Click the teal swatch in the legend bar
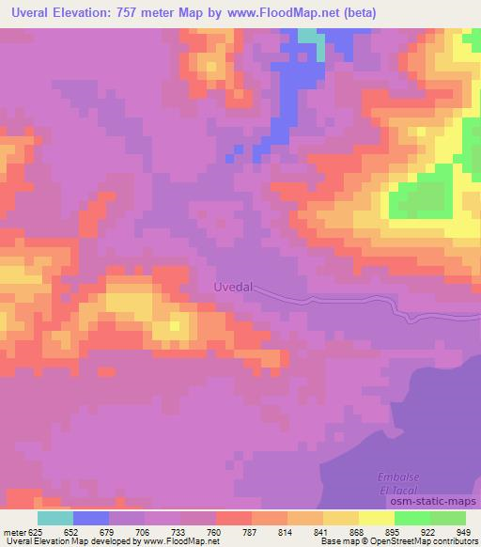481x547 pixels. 54,517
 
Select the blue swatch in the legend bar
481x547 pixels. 90,517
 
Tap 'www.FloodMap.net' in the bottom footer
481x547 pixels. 181,542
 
